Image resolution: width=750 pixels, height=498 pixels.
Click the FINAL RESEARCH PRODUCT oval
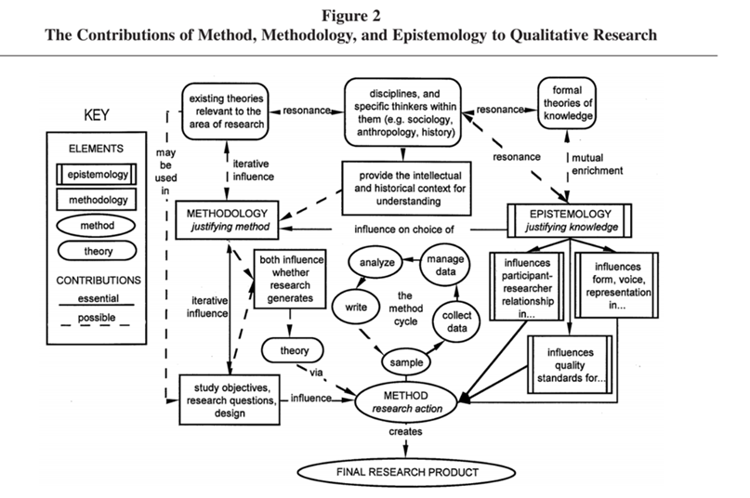click(x=406, y=472)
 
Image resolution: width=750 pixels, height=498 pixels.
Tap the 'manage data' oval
click(x=446, y=261)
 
